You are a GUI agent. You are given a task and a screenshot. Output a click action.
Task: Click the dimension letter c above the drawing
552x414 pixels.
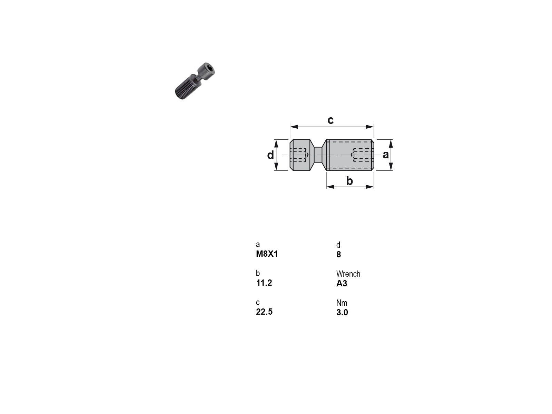[331, 120]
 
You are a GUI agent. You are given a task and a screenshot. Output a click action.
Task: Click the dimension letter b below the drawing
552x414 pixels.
[349, 181]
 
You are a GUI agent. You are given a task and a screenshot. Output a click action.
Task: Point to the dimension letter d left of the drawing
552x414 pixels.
[270, 155]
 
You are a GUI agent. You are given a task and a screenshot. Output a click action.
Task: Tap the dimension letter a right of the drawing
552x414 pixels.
[385, 155]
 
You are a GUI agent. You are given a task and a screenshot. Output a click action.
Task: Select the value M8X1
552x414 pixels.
[267, 254]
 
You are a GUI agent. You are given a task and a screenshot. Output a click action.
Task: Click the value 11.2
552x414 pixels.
[264, 283]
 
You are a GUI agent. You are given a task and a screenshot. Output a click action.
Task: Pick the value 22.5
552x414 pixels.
[264, 312]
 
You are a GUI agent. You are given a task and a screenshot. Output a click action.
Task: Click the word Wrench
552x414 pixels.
[348, 274]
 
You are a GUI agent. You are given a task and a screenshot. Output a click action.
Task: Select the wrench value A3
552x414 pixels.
[342, 283]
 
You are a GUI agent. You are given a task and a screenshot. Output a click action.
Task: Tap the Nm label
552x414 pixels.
[342, 303]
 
